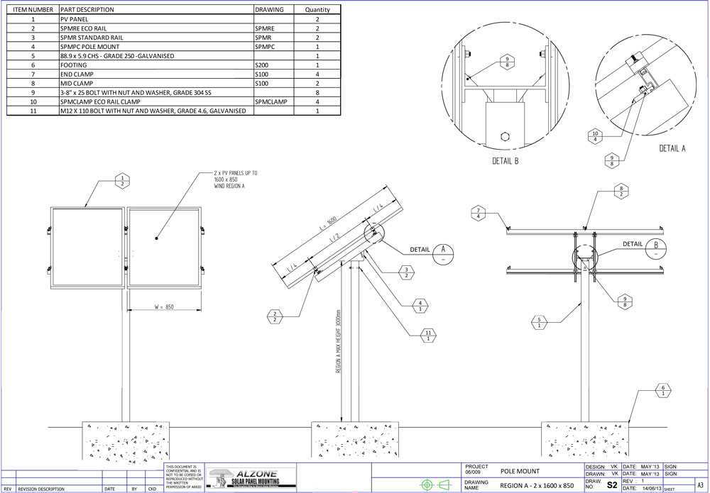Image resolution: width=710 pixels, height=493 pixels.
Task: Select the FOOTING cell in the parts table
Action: point(74,65)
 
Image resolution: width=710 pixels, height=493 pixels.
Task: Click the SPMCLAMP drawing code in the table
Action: point(271,102)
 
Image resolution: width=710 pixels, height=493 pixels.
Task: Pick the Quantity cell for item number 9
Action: point(317,92)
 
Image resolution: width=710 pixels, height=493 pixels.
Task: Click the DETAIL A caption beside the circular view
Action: point(672,148)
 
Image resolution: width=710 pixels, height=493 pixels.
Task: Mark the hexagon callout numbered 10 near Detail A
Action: point(595,135)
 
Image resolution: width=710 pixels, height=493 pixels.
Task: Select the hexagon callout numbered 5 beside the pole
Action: point(541,323)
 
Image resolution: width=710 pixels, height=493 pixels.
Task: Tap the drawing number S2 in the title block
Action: point(612,484)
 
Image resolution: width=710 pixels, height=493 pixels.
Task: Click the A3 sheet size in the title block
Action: point(701,484)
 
